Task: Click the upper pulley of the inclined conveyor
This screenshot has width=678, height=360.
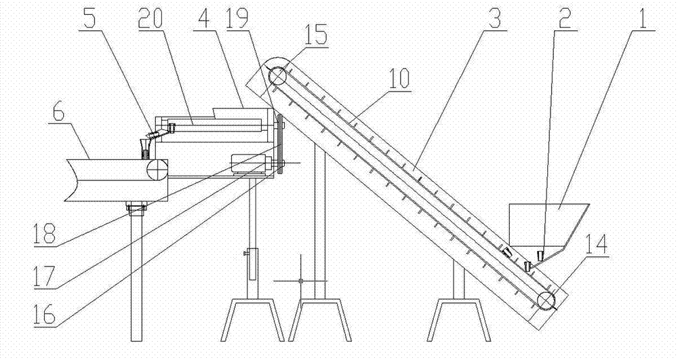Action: tap(277, 77)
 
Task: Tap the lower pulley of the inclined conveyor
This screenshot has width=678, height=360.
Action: tap(546, 299)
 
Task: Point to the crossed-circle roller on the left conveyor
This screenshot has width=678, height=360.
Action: tap(157, 169)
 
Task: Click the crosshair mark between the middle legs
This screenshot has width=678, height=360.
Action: tap(300, 280)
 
